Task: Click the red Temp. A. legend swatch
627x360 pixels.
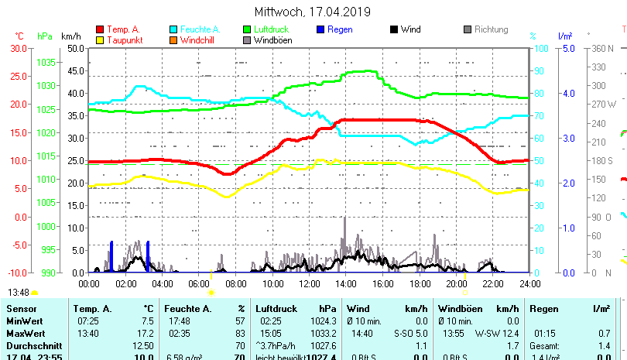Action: click(100, 30)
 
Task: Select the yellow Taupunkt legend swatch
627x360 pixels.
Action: click(100, 40)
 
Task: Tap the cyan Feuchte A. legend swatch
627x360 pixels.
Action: click(174, 30)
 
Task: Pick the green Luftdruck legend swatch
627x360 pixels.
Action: click(247, 30)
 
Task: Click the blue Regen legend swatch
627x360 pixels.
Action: click(320, 30)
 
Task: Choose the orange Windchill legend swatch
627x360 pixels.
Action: click(174, 40)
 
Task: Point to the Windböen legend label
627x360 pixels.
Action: click(272, 40)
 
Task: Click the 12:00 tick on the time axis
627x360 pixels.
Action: click(309, 283)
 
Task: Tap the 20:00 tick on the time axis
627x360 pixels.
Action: click(456, 283)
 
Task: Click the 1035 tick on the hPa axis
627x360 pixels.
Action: click(46, 62)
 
